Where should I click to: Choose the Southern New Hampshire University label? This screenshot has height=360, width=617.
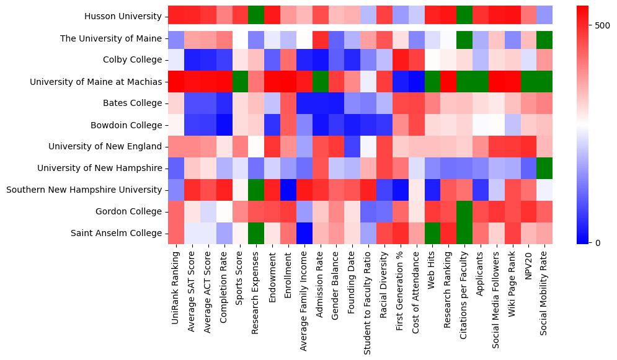pos(84,190)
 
